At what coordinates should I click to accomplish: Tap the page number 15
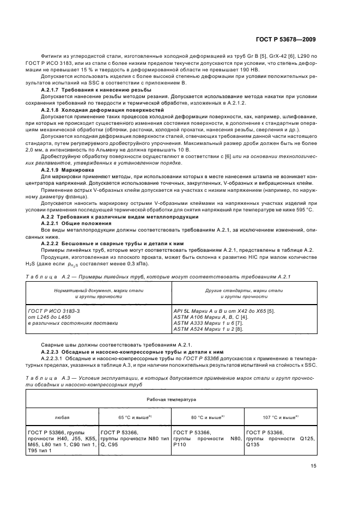tap(314, 466)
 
